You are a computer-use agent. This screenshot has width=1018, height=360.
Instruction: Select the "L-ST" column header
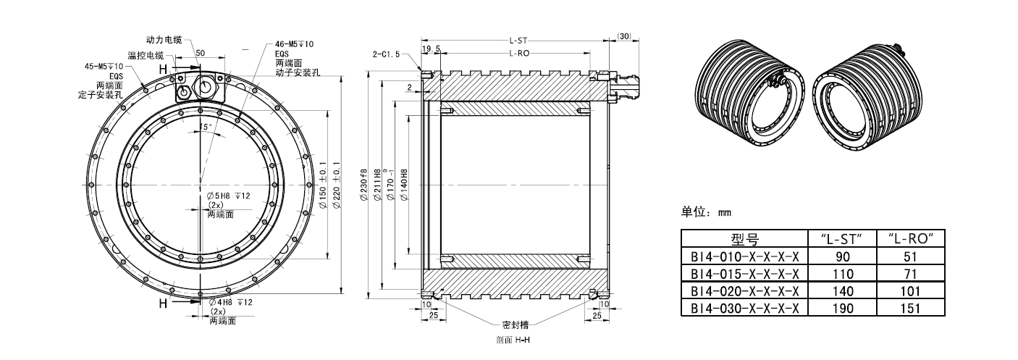coord(843,238)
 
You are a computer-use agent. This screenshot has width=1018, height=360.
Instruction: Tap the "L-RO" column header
coord(912,238)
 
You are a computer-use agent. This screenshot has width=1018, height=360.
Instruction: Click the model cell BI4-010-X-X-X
coord(745,256)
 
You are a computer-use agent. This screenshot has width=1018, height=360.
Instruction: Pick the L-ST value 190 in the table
coord(843,308)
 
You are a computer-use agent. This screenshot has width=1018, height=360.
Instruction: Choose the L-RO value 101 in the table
coord(912,290)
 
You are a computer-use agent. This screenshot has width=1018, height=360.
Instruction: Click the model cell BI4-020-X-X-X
coord(745,290)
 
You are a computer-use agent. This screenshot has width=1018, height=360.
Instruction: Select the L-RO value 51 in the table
coord(912,256)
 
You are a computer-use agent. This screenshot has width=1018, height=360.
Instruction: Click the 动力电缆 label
coord(164,38)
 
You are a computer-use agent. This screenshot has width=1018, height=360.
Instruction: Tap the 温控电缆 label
coord(146,55)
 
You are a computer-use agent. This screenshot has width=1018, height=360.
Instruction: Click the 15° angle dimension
coord(206,127)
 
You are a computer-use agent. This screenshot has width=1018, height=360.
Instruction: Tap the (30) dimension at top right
coord(625,36)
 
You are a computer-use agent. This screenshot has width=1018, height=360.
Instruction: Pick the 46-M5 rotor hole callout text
coord(295,43)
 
